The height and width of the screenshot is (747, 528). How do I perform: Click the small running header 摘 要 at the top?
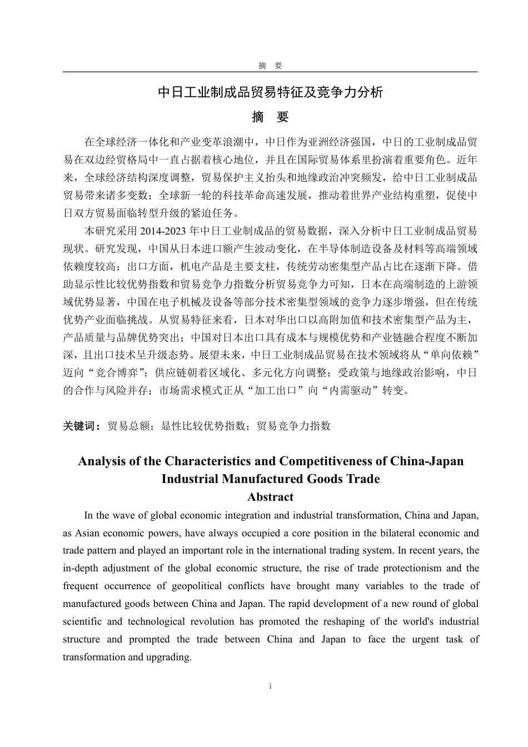click(x=270, y=66)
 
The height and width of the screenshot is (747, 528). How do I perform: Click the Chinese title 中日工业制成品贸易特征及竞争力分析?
click(x=270, y=92)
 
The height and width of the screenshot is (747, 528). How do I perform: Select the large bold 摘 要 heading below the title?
click(x=270, y=117)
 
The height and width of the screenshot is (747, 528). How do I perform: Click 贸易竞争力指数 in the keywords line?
click(x=293, y=426)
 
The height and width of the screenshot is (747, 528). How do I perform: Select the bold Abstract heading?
click(x=270, y=497)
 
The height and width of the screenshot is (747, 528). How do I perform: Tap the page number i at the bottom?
click(x=270, y=686)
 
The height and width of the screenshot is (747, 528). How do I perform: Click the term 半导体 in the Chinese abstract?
click(x=329, y=248)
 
